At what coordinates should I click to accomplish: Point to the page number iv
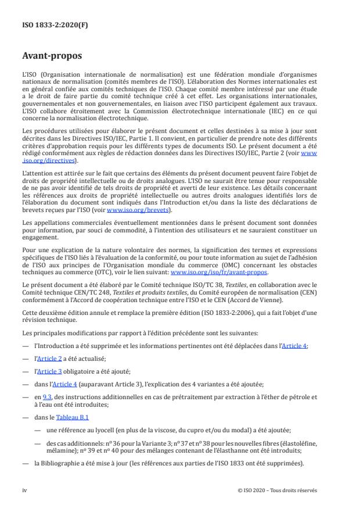point(24,490)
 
